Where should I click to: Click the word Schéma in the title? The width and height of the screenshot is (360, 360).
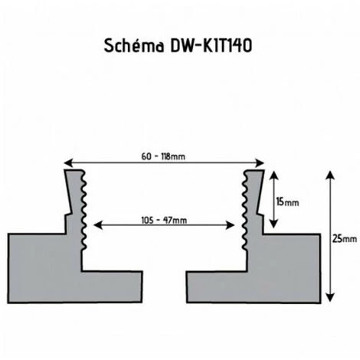134,46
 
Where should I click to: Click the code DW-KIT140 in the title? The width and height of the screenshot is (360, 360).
211,46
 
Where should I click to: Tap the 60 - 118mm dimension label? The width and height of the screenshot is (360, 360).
163,156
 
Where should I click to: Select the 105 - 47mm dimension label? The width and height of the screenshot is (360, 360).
164,220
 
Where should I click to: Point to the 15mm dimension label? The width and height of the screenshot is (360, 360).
287,202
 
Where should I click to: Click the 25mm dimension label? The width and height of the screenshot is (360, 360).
345,239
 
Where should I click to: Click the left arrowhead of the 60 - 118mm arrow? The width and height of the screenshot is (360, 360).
68,162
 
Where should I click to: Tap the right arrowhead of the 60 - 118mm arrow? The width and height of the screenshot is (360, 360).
260,163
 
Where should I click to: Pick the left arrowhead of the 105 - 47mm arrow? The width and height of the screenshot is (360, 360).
98,225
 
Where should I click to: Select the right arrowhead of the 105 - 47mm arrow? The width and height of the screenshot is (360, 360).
231,225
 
